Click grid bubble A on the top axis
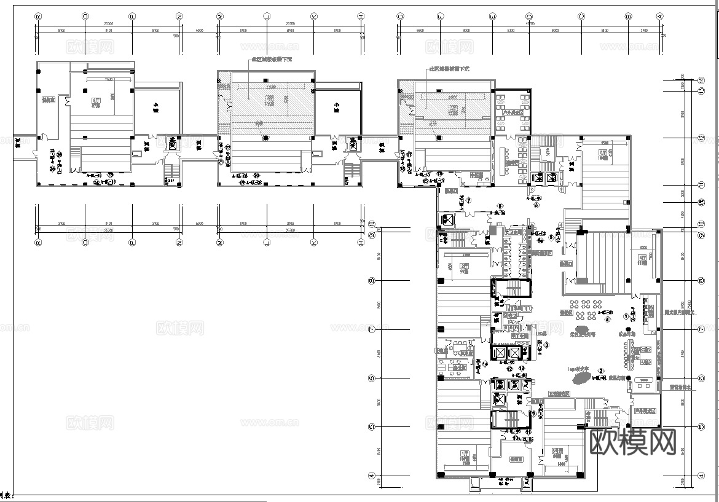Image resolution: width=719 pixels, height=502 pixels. coord(660,16)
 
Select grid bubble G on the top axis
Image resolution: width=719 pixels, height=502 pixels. coord(400,16)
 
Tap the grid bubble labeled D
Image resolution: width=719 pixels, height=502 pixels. coord(529,16)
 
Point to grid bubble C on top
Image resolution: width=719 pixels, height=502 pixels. coord(581,16)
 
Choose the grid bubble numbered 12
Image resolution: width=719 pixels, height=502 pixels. coord(701,138)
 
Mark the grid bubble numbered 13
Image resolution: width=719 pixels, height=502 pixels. coord(701,91)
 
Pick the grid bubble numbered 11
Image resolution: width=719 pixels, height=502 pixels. coord(701,185)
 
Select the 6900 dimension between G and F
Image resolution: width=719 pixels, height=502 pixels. coord(420,30)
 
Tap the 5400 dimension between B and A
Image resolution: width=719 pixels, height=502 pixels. coord(644,30)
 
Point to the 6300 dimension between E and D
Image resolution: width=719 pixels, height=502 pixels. coord(510,30)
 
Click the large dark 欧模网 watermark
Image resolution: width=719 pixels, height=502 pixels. coord(633,441)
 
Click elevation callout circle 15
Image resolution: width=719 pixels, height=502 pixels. coord(425,182)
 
